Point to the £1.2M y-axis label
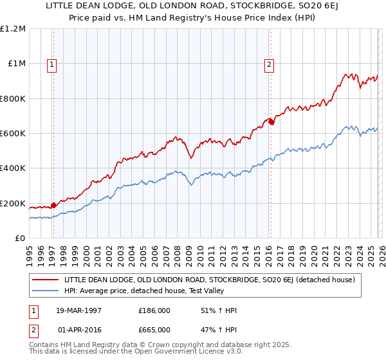pos(13,29)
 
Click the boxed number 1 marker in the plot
pos(51,64)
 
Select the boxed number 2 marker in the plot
pos(268,64)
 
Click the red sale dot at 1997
pos(53,206)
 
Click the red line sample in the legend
pos(46,280)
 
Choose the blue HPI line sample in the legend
pos(46,291)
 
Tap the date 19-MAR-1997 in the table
pos(80,309)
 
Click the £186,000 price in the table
pos(155,309)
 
